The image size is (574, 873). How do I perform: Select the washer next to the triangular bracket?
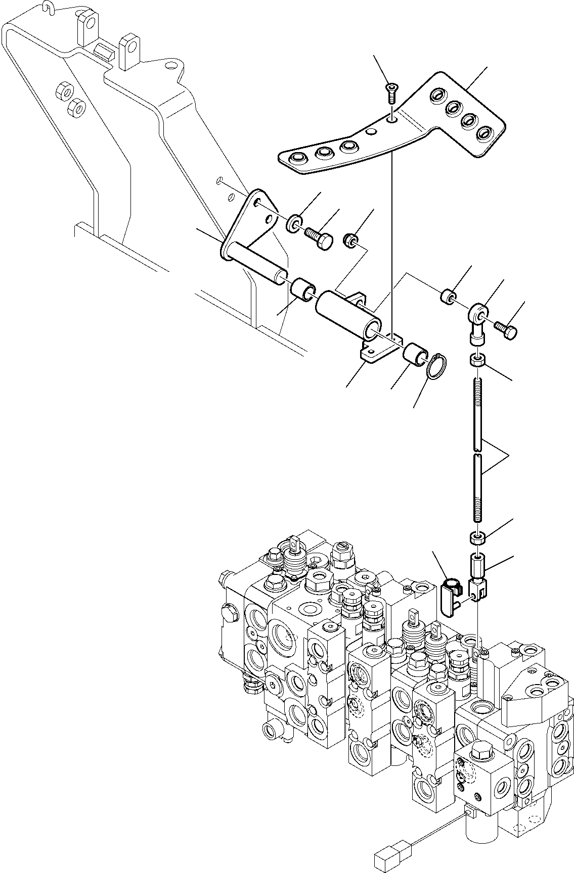coord(295,223)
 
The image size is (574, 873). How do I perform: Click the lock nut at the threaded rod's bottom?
coord(478,538)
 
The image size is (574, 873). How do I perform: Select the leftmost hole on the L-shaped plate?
coord(294,159)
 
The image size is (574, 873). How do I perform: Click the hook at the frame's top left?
coord(48,7)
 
